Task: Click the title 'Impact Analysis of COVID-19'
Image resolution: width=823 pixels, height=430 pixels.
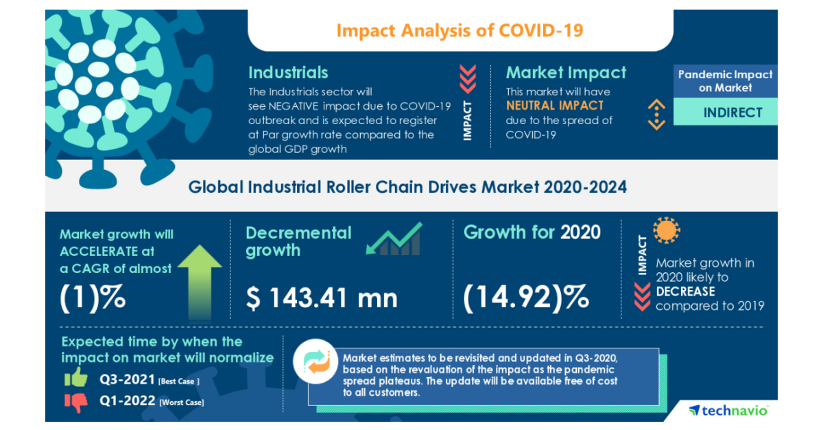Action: (x=460, y=30)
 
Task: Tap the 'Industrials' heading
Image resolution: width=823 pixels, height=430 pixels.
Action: (x=288, y=73)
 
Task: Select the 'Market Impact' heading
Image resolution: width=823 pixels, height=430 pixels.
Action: (x=566, y=73)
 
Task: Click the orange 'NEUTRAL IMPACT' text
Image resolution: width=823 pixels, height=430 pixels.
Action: (x=555, y=106)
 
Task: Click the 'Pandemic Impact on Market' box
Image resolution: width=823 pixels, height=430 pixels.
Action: (x=725, y=81)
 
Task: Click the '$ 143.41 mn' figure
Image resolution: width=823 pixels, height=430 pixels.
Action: (x=322, y=298)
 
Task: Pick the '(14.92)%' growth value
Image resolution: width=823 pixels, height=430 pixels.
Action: (x=526, y=297)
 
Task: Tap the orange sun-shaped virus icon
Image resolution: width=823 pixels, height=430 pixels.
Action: (x=666, y=232)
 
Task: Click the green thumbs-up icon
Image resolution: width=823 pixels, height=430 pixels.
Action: (x=75, y=377)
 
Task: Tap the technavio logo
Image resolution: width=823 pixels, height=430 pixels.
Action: (x=728, y=410)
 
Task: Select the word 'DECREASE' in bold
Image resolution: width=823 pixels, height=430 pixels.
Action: (x=685, y=291)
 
